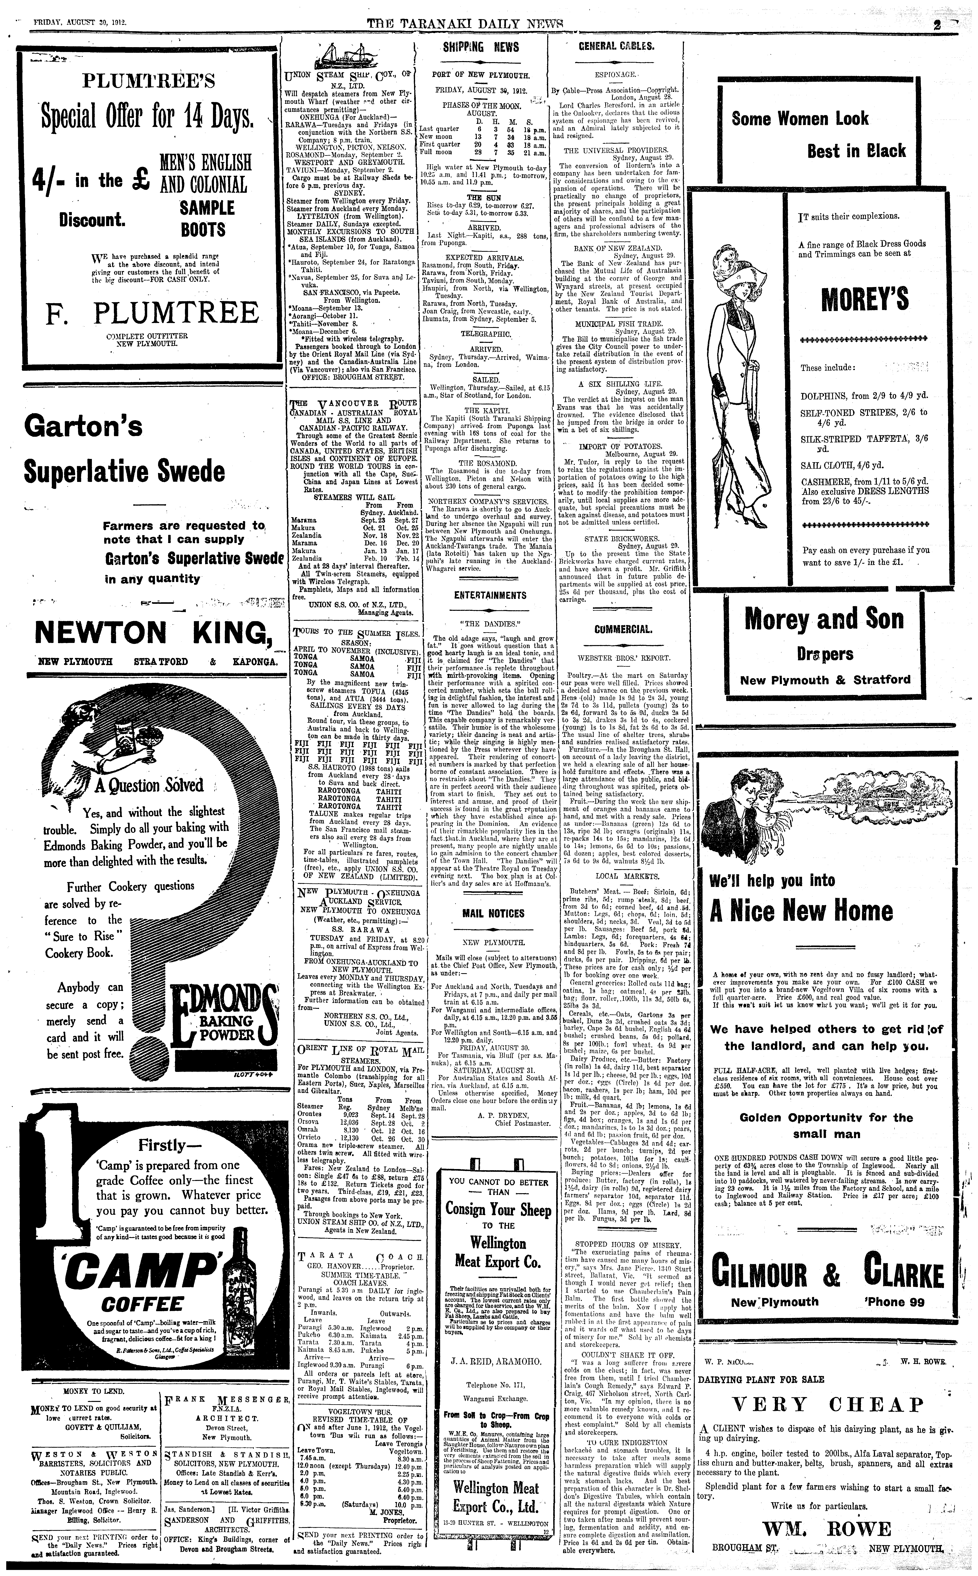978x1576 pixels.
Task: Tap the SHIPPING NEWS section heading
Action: click(481, 47)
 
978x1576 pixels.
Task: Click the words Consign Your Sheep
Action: click(497, 1210)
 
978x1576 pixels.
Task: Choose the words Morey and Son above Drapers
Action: click(823, 619)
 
